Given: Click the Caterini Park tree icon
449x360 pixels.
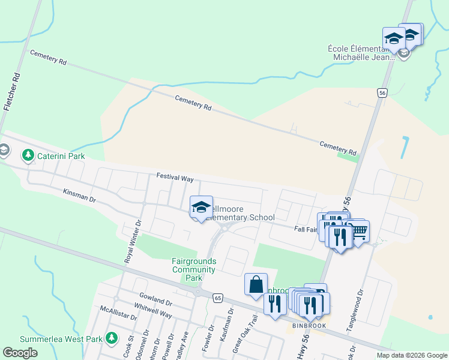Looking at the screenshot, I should tap(28, 156).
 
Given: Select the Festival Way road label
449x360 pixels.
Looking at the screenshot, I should tap(175, 178).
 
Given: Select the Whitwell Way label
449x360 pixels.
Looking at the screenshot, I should tap(153, 310).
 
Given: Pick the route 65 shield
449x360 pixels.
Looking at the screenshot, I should tap(217, 297).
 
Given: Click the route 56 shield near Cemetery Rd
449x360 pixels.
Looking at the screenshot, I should tap(382, 92).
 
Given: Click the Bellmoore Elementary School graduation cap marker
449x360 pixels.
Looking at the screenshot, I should tap(201, 207).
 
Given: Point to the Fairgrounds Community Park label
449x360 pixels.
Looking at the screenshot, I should tap(193, 269).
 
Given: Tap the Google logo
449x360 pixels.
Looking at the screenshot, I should tap(20, 353).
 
